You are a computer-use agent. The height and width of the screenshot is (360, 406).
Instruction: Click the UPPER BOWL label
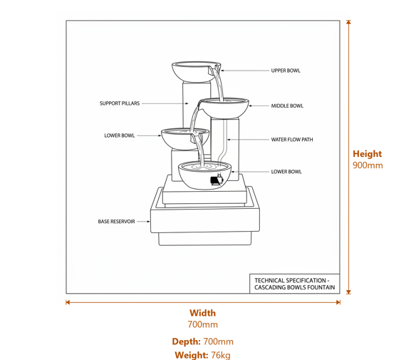point(286,71)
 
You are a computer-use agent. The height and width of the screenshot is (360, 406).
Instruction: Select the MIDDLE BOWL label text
point(287,106)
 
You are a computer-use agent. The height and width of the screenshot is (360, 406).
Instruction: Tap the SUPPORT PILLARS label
point(119,103)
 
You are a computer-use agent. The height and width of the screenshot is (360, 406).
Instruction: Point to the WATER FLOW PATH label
point(291,140)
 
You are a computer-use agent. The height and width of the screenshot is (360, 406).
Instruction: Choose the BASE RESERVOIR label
point(116,222)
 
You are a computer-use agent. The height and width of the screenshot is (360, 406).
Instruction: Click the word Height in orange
point(367,153)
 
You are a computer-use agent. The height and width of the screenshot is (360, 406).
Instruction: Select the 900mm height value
point(368,165)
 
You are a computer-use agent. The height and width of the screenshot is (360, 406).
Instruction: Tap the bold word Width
point(202,313)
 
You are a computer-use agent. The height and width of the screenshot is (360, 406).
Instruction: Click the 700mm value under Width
point(202,325)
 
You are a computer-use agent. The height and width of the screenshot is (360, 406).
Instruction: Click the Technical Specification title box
point(294,284)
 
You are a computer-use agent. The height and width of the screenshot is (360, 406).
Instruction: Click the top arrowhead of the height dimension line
point(348,22)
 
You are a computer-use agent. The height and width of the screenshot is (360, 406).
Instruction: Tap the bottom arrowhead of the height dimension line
point(348,291)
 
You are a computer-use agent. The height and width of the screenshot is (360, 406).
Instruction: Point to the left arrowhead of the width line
point(68,302)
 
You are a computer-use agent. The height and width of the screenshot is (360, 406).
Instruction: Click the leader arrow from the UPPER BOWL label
point(242,71)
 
